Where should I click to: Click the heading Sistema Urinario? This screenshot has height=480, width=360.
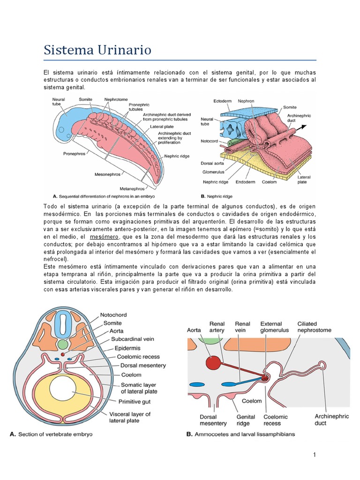(x=97, y=50)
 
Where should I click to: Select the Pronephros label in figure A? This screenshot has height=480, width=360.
(x=74, y=153)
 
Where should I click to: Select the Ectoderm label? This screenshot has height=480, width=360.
(x=224, y=101)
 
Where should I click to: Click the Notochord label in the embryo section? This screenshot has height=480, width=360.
(x=113, y=315)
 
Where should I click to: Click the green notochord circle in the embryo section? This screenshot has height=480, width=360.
(x=63, y=345)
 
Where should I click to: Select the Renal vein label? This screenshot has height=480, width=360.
(x=242, y=327)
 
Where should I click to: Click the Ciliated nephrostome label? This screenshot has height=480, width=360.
(x=314, y=327)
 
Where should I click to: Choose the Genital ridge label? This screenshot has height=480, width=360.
(x=246, y=420)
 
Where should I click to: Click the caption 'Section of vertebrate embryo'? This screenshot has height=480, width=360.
(x=57, y=434)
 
